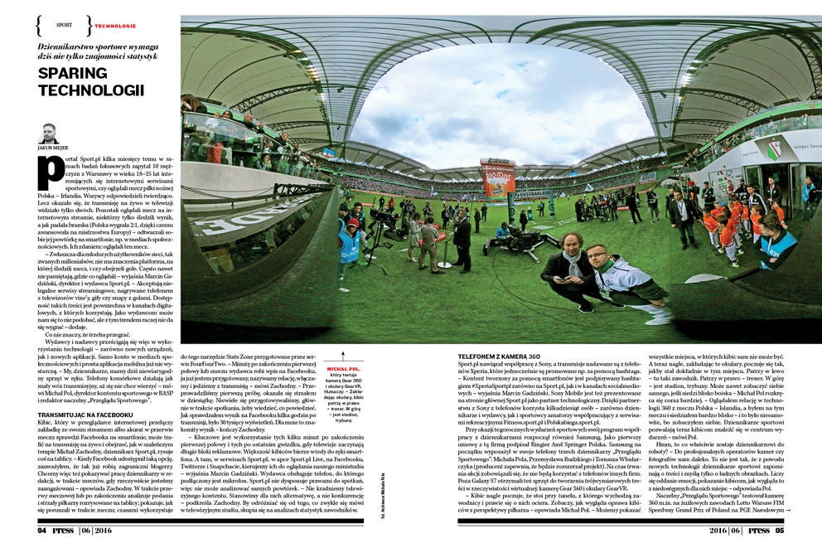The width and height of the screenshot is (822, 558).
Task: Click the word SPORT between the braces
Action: (x=64, y=26)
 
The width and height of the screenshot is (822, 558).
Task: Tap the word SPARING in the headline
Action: (x=74, y=74)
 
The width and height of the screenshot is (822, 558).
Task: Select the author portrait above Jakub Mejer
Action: (x=49, y=133)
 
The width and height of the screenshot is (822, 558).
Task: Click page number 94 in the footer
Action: (x=41, y=531)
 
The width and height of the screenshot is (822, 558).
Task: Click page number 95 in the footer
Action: (x=778, y=531)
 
